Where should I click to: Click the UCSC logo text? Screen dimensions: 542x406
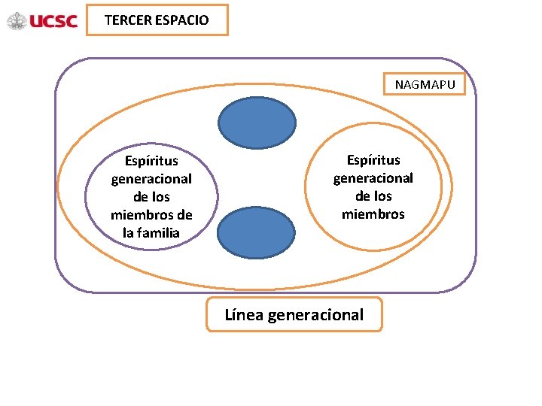[x=53, y=21]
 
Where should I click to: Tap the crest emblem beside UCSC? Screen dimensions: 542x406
[x=17, y=21]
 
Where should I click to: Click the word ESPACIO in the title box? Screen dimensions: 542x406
[x=182, y=20]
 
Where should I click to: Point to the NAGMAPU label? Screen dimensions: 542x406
[x=425, y=85]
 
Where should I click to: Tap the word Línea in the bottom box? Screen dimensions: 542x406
[x=243, y=314]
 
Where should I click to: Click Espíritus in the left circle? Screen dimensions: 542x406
[x=151, y=161]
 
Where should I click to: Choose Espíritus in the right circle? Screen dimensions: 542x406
[x=373, y=160]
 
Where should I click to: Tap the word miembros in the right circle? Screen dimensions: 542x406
[x=373, y=214]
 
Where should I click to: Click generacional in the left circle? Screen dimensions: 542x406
[x=151, y=179]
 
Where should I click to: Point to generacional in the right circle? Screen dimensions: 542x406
[x=373, y=178]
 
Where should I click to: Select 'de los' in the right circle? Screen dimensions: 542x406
[x=373, y=196]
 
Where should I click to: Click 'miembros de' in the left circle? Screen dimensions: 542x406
[x=151, y=215]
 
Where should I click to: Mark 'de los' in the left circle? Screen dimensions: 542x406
[x=151, y=197]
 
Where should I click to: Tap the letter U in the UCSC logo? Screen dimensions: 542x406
[x=35, y=21]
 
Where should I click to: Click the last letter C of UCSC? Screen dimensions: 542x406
[x=72, y=21]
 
